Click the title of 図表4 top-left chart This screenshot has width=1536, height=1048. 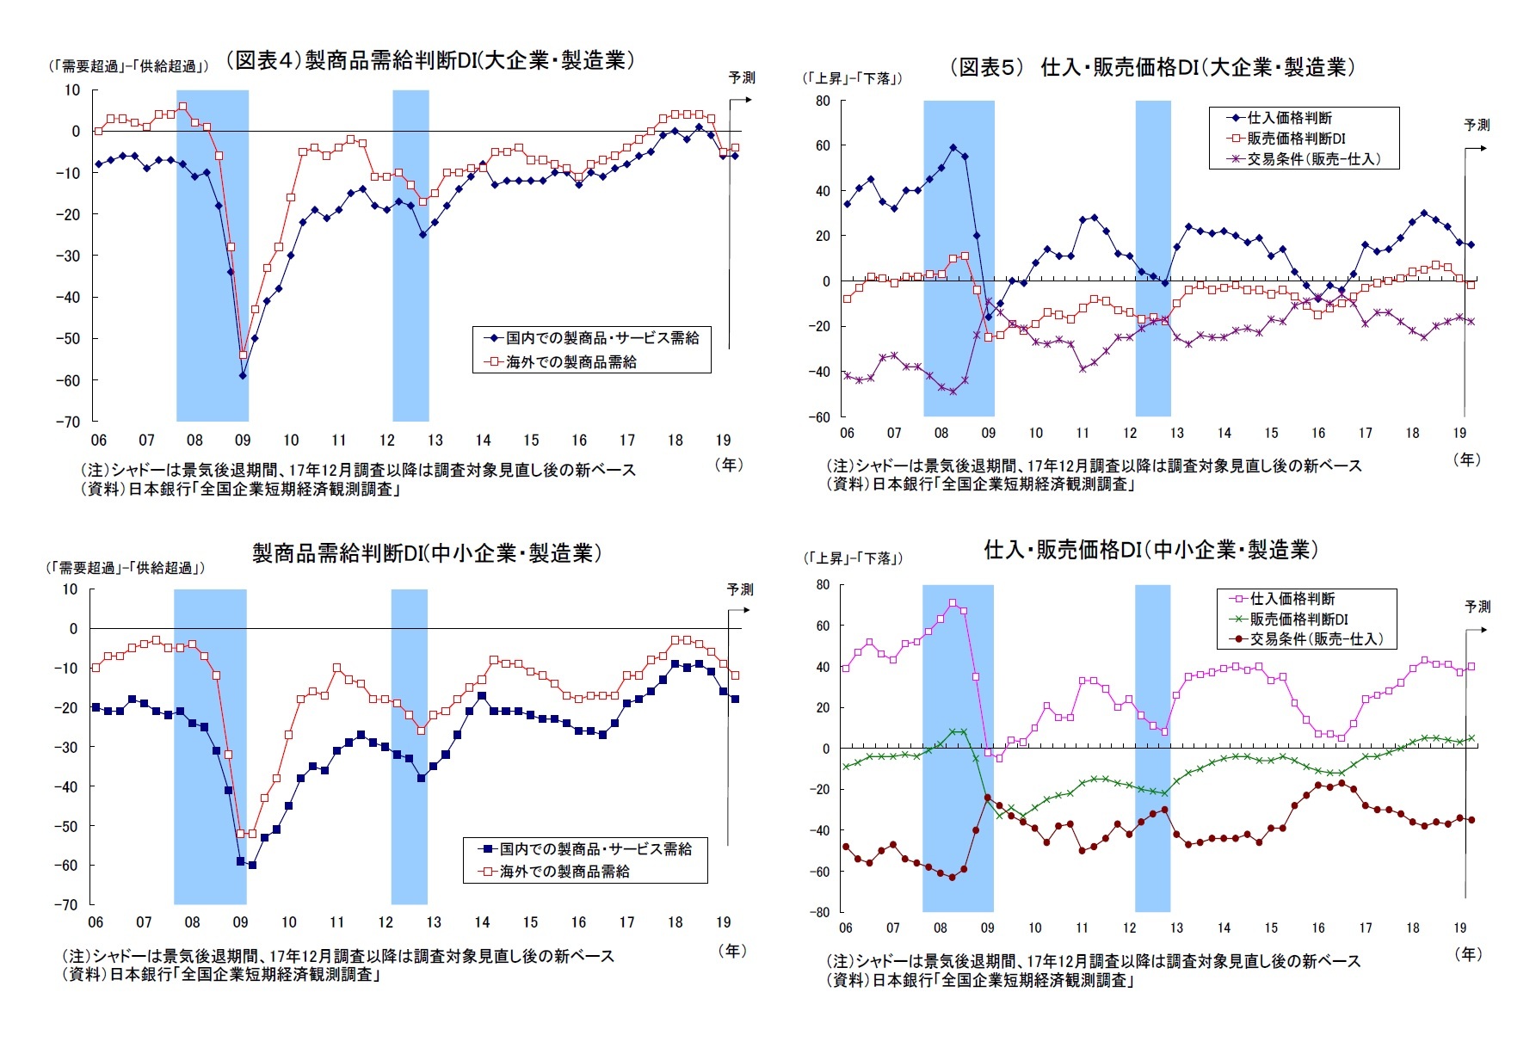pyautogui.click(x=430, y=60)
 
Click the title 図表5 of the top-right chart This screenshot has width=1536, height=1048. pyautogui.click(x=1153, y=67)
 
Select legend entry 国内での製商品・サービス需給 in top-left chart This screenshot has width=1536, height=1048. pyautogui.click(x=601, y=338)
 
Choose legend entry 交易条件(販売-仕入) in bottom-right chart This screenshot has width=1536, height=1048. pyautogui.click(x=1316, y=639)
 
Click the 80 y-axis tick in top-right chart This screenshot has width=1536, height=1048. pyautogui.click(x=823, y=101)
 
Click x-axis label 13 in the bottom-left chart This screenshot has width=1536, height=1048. pyautogui.click(x=434, y=922)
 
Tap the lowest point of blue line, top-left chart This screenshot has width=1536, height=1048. pyautogui.click(x=243, y=375)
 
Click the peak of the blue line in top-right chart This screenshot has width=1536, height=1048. pyautogui.click(x=953, y=147)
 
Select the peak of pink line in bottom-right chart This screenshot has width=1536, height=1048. pyautogui.click(x=952, y=602)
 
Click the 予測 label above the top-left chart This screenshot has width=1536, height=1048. pyautogui.click(x=742, y=77)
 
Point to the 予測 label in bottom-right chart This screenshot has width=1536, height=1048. pyautogui.click(x=1477, y=607)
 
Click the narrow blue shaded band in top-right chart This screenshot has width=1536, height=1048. pyautogui.click(x=1152, y=258)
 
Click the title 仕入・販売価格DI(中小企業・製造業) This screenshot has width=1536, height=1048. pyautogui.click(x=1150, y=550)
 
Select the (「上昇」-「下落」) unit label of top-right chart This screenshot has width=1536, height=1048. pyautogui.click(x=852, y=78)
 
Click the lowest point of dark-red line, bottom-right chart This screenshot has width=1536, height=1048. pyautogui.click(x=952, y=877)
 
